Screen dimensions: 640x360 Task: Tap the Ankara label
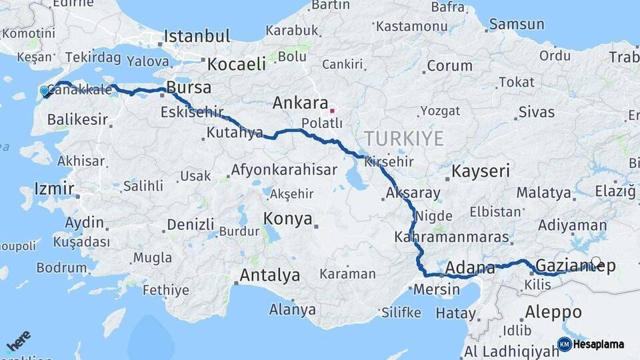(x=300, y=104)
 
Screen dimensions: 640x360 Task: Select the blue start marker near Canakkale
(x=45, y=91)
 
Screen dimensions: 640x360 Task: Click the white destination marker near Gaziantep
(x=596, y=262)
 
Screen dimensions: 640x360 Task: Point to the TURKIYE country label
(x=403, y=139)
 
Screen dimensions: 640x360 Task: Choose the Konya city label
(x=287, y=219)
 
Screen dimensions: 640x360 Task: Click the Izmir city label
(x=54, y=189)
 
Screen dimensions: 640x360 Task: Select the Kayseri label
(x=480, y=171)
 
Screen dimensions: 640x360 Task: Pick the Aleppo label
(x=553, y=312)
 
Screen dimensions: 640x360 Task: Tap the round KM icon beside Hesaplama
(x=564, y=345)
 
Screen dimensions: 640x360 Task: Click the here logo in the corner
(x=19, y=340)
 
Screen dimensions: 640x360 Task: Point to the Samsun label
(x=516, y=25)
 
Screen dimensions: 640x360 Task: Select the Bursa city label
(x=189, y=87)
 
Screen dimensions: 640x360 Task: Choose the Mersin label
(x=437, y=289)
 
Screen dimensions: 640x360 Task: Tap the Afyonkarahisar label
(x=284, y=170)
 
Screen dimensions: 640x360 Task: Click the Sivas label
(x=536, y=111)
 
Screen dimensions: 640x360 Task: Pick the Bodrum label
(x=61, y=268)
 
